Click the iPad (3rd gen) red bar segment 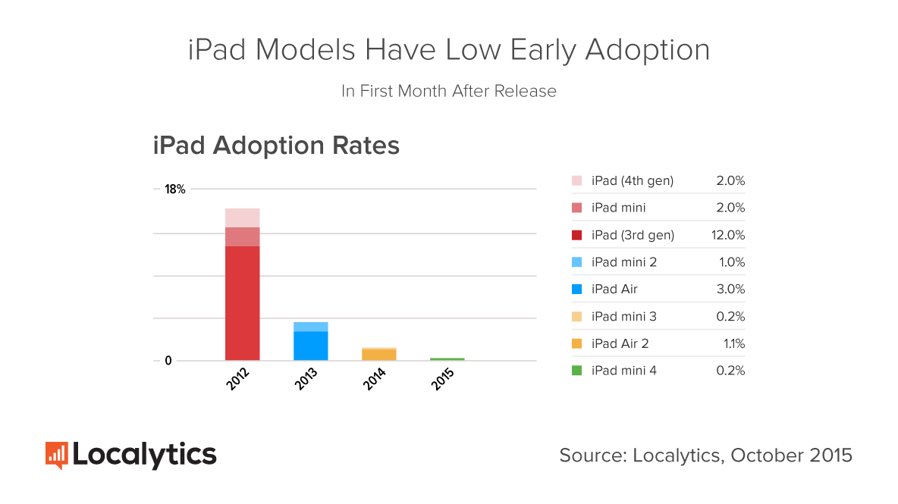coord(242,303)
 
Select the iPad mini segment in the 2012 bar coord(242,236)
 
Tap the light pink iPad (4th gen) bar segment coord(242,218)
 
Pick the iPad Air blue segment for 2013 coord(311,346)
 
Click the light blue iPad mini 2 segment coord(311,327)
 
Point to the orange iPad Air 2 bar coord(379,355)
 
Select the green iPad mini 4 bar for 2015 coord(447,359)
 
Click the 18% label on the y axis coord(175,189)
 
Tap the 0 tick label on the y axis coord(168,361)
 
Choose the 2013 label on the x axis coord(306,378)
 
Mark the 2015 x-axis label coord(443,378)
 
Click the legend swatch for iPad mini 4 coord(576,371)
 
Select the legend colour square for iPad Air coord(576,289)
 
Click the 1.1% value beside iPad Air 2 coord(733,343)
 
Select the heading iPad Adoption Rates coord(276,145)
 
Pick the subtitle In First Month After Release coord(449,91)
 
